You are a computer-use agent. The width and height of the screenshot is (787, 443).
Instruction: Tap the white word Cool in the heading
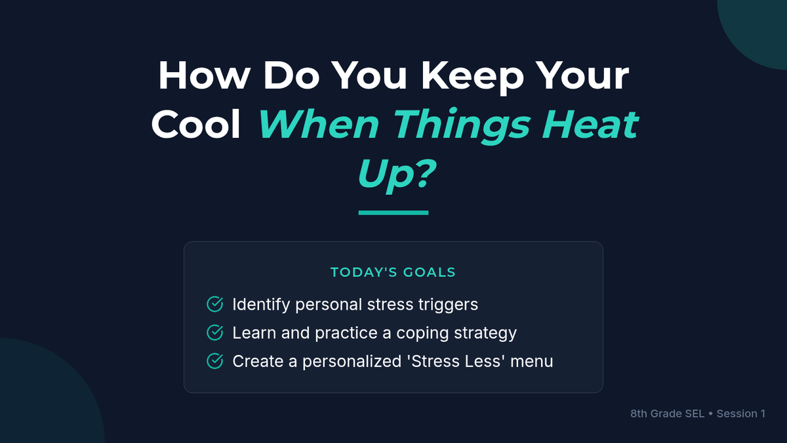tap(195, 124)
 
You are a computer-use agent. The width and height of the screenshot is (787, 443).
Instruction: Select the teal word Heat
tap(590, 124)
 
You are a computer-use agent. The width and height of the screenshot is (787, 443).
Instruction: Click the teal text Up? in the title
tap(396, 175)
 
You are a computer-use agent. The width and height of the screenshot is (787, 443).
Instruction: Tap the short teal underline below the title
tap(393, 213)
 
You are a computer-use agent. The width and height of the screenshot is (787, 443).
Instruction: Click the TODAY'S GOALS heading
tap(393, 272)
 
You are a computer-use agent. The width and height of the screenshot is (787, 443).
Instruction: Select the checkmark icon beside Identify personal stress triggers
tap(214, 304)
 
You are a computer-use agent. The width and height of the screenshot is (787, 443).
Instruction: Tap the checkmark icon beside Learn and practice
tap(214, 333)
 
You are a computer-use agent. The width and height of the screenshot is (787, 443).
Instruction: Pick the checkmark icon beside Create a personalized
tap(214, 361)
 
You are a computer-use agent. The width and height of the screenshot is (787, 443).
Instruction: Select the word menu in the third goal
tap(532, 362)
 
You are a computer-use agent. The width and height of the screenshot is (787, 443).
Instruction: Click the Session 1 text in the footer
tap(741, 414)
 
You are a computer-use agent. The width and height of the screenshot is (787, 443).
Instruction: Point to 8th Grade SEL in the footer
tap(667, 414)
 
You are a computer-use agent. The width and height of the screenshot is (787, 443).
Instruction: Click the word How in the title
tap(204, 75)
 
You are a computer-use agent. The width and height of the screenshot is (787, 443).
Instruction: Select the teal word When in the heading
tap(319, 124)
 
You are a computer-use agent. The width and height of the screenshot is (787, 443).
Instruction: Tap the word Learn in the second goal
tap(254, 333)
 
